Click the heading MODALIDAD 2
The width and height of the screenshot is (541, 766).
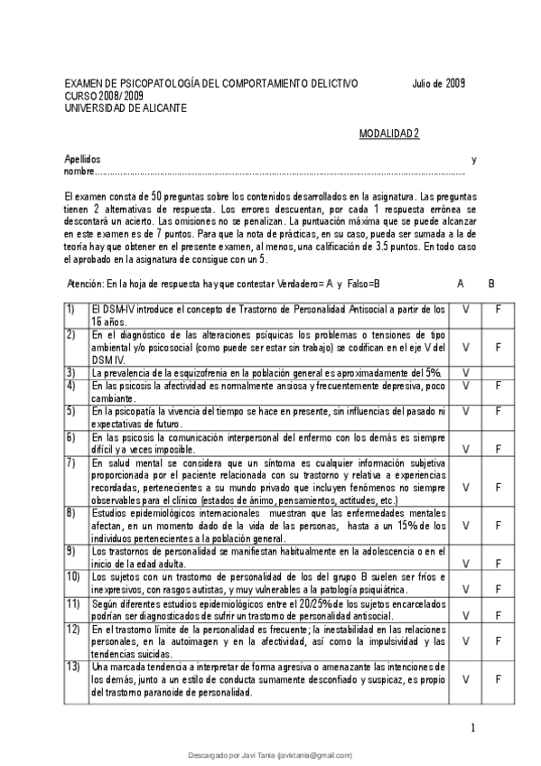pyautogui.click(x=389, y=133)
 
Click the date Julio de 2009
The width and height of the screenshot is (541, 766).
pyautogui.click(x=437, y=83)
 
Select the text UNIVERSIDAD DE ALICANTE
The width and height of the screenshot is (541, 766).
pyautogui.click(x=126, y=107)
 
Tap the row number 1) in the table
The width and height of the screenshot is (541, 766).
pyautogui.click(x=70, y=309)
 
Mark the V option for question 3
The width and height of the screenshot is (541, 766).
pyautogui.click(x=465, y=372)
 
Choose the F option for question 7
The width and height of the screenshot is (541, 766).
pyautogui.click(x=498, y=487)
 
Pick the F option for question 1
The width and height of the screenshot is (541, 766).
pyautogui.click(x=498, y=309)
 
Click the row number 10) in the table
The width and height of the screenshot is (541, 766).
pyautogui.click(x=72, y=576)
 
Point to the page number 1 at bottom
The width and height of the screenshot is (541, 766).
pyautogui.click(x=473, y=728)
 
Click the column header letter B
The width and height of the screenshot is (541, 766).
pyautogui.click(x=491, y=283)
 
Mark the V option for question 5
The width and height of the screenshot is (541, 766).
pyautogui.click(x=465, y=411)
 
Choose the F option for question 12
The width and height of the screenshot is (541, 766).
pyautogui.click(x=498, y=640)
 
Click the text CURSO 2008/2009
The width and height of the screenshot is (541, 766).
pyautogui.click(x=104, y=96)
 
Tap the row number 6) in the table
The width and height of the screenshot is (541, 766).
pyautogui.click(x=70, y=437)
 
